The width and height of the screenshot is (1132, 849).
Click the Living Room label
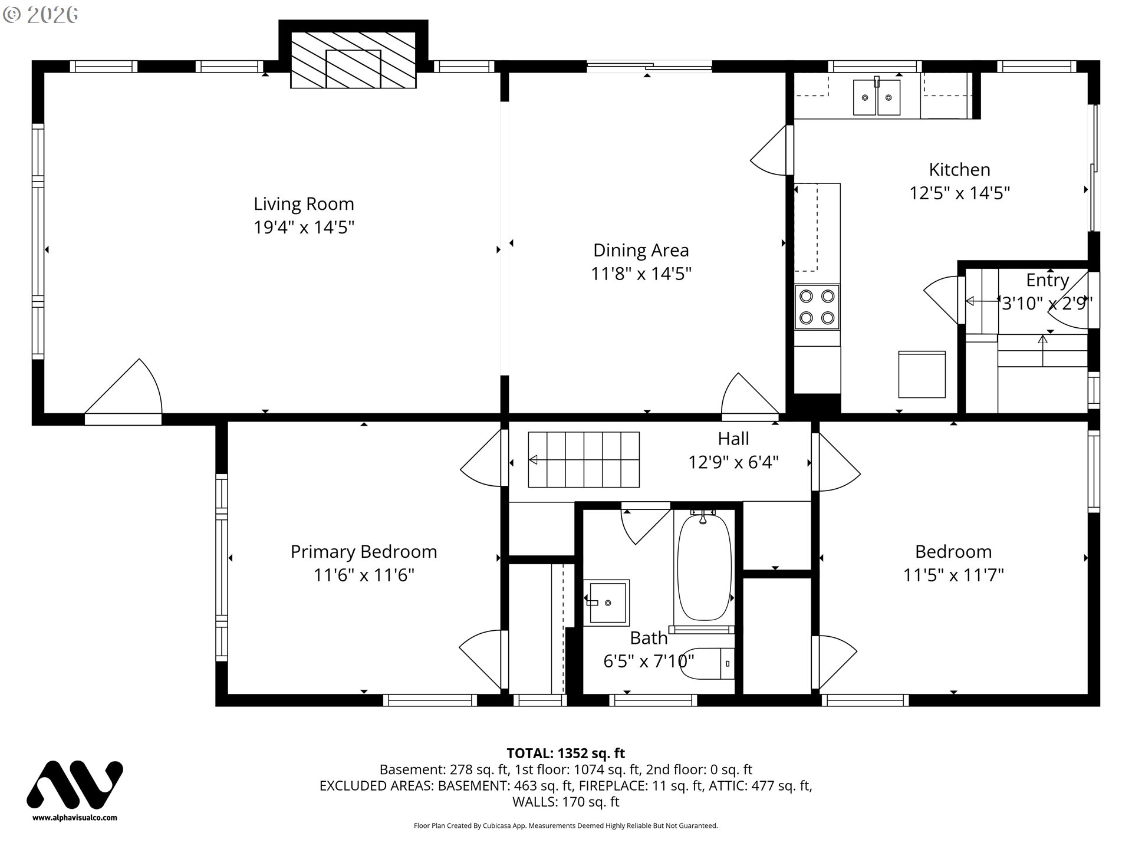coord(304,204)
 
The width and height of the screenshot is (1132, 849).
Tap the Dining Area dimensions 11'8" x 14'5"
coord(641,274)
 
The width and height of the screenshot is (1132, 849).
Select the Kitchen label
coord(959,170)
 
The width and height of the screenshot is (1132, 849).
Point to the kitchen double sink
coord(877,97)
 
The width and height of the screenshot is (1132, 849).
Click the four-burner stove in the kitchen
coord(817,307)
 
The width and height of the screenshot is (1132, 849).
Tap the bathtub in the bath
coord(704,568)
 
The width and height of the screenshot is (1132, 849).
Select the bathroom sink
coord(607,601)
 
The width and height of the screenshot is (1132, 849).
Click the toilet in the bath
coord(706,663)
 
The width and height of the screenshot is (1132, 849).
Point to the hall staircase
coord(584,460)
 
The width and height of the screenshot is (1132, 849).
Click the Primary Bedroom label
coord(364,552)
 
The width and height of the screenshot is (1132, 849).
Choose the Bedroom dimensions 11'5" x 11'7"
coord(953,575)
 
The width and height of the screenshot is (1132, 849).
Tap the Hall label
coord(733,439)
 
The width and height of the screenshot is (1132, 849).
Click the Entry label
coord(1047,280)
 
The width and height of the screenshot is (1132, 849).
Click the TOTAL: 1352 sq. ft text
coord(565,753)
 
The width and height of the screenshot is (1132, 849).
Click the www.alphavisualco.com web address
coord(75,818)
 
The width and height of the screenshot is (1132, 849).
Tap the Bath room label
coord(649,638)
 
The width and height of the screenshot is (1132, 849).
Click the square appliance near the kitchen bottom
coord(922,374)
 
